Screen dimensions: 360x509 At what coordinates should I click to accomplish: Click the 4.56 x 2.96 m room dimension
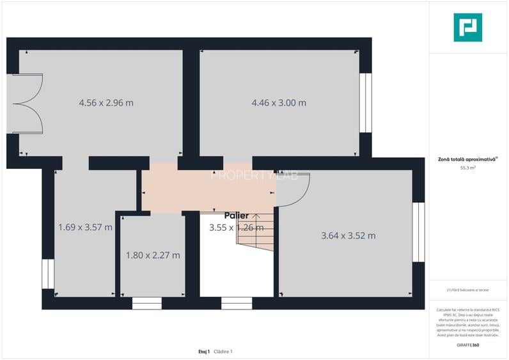(106, 103)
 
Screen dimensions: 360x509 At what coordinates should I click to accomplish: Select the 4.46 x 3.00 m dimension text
(279, 103)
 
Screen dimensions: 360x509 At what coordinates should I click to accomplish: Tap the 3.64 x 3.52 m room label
(348, 236)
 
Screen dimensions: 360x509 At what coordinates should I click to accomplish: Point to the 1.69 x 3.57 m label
(85, 227)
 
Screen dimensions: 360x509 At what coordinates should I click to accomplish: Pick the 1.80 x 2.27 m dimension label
(153, 255)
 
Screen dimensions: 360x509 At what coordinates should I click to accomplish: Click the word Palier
(236, 216)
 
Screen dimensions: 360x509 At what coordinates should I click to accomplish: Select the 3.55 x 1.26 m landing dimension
(236, 227)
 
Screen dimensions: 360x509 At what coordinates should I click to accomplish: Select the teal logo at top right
(467, 27)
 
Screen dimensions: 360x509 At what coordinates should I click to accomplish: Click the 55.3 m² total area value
(467, 168)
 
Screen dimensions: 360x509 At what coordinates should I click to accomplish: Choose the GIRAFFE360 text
(467, 345)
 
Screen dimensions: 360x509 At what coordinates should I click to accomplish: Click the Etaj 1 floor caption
(204, 352)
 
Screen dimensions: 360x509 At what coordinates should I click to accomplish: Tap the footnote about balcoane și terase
(467, 290)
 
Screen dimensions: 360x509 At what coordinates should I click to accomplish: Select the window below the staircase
(237, 303)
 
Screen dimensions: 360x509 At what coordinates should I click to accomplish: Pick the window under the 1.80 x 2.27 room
(147, 303)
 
